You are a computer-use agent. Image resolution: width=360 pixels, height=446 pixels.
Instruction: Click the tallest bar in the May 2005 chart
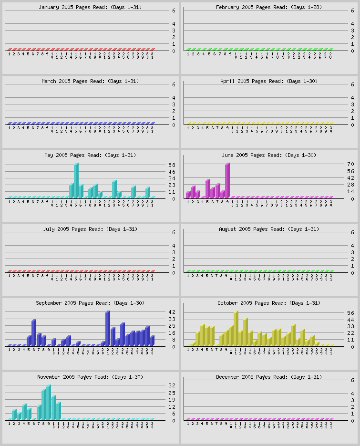[76, 180]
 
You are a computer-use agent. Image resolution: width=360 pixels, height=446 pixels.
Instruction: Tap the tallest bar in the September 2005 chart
[107, 328]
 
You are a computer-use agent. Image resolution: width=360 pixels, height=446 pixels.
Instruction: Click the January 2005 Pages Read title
[90, 7]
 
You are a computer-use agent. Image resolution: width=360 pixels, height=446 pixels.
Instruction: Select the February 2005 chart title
[267, 7]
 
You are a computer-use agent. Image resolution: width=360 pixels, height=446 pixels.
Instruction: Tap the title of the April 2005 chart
[269, 81]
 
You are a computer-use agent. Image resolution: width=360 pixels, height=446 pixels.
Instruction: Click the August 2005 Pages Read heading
[268, 229]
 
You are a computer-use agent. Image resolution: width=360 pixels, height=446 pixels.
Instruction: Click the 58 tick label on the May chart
[172, 165]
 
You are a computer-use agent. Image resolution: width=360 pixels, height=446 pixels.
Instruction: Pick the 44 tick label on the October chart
[351, 320]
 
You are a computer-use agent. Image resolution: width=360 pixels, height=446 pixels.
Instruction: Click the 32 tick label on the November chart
[172, 386]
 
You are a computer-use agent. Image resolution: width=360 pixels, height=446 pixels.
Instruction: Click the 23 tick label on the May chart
[172, 185]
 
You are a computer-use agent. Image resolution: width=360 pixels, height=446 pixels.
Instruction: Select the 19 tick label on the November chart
[172, 400]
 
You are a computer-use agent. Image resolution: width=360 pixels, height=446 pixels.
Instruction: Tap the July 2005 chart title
[90, 229]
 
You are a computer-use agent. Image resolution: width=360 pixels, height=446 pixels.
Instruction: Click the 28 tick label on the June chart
[351, 185]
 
